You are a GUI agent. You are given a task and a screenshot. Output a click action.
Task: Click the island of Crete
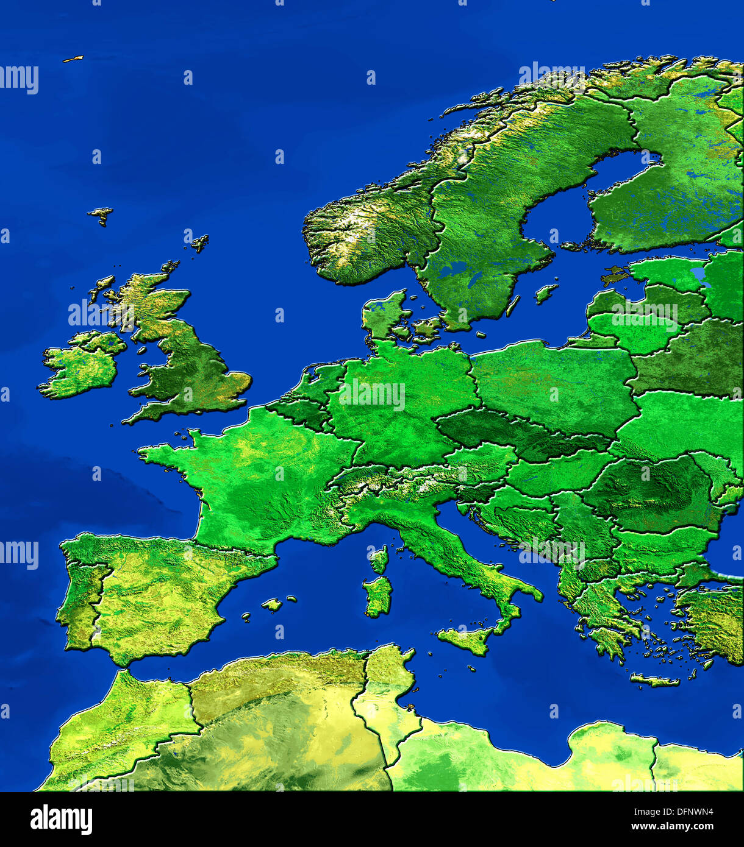point(654,680)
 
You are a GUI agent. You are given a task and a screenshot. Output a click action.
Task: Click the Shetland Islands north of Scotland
point(199,243)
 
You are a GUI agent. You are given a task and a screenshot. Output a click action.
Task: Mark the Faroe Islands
point(101,214)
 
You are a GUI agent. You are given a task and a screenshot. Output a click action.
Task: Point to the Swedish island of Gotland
point(546,293)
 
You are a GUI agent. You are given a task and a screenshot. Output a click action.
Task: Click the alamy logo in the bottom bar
point(61,820)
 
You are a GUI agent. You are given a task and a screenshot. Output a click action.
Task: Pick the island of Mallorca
point(272,604)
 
